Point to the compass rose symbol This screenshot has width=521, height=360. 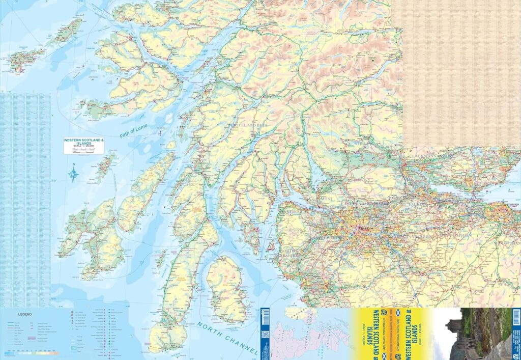pyautogui.click(x=74, y=172)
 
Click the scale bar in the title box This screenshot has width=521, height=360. pyautogui.click(x=84, y=150)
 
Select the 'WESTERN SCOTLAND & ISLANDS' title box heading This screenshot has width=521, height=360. pyautogui.click(x=84, y=141)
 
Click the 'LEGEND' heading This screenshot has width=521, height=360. pyautogui.click(x=25, y=314)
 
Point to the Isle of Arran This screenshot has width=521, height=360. pyautogui.click(x=227, y=288)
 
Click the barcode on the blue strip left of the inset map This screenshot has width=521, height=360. pyautogui.click(x=265, y=318)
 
